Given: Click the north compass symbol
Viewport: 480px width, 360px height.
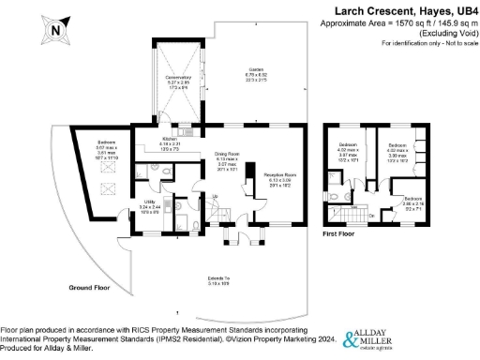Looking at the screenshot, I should [55, 28].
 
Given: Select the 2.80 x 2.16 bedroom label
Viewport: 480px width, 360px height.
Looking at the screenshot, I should [412, 202].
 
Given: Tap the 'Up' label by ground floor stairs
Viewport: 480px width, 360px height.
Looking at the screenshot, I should [215, 196].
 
